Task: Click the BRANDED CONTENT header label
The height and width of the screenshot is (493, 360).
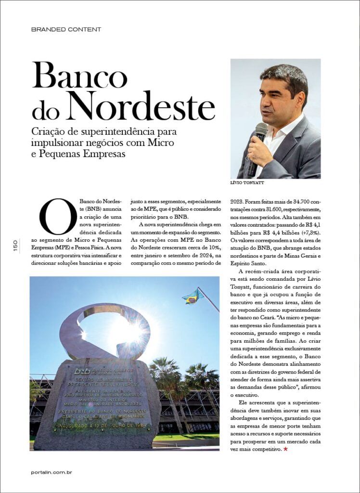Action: (66, 29)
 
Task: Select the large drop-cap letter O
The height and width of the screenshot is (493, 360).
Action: (58, 216)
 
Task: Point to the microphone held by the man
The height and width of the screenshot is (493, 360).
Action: (257, 144)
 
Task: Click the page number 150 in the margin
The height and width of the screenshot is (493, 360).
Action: (15, 246)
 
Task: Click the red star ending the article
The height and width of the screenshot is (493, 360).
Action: (285, 449)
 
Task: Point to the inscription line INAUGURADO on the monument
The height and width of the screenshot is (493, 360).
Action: (82, 426)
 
